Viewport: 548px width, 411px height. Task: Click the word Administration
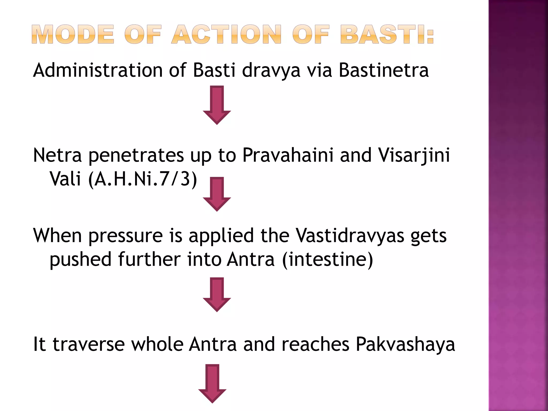click(x=98, y=70)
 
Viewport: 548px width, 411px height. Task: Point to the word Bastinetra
click(x=384, y=70)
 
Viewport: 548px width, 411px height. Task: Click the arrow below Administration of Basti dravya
click(x=217, y=105)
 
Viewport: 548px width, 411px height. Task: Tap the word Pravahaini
click(x=288, y=155)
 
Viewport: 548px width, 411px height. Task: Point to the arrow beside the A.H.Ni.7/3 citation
click(x=217, y=194)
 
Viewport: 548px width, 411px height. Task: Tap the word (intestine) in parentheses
click(x=327, y=260)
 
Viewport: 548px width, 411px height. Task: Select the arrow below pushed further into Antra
click(x=217, y=294)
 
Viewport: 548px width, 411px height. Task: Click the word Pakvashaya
click(x=405, y=344)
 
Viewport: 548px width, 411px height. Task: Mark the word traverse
click(x=89, y=344)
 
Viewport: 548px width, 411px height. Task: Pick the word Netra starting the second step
click(x=57, y=155)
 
